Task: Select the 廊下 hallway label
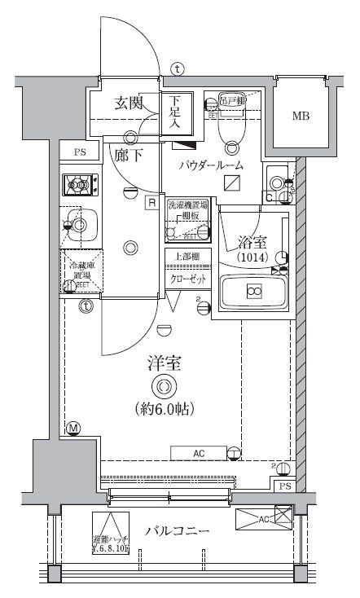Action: click(x=129, y=154)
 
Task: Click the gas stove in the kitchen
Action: click(x=80, y=187)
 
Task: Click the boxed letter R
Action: click(x=151, y=202)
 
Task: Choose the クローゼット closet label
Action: click(x=187, y=279)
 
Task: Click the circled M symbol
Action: click(x=73, y=429)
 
